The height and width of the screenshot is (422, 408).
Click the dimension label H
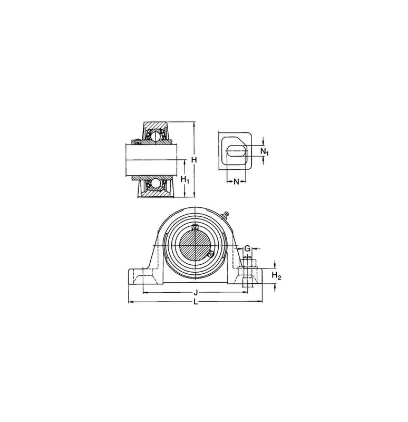click(x=194, y=160)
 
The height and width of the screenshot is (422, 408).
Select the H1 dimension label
click(x=185, y=179)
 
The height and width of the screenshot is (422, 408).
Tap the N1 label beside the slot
click(x=265, y=152)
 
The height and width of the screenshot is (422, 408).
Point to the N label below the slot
click(x=236, y=181)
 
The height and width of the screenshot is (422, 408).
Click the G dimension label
click(x=247, y=248)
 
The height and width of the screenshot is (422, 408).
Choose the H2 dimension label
click(x=276, y=275)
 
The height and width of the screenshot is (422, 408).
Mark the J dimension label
click(x=196, y=292)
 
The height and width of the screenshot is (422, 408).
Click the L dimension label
click(x=196, y=302)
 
